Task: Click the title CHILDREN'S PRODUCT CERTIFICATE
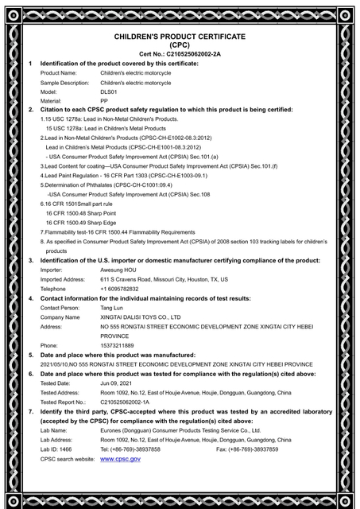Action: click(x=180, y=37)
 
